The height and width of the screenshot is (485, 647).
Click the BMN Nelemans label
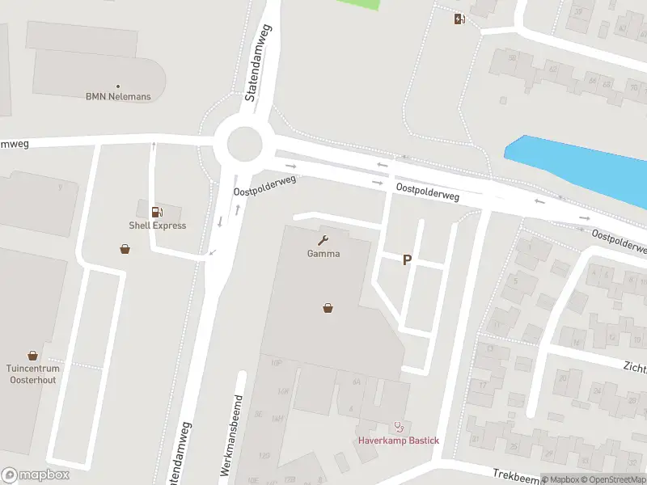(x=118, y=97)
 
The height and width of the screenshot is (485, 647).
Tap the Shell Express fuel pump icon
(x=156, y=212)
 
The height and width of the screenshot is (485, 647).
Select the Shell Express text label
(x=158, y=226)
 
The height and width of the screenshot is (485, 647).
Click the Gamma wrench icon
(x=323, y=239)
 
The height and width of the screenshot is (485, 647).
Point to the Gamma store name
(x=323, y=253)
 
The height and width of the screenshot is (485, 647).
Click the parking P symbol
(x=408, y=259)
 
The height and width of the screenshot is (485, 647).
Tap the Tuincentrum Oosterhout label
(x=33, y=374)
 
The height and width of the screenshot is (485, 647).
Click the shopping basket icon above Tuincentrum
(x=32, y=355)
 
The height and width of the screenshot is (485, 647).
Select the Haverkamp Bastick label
(x=400, y=440)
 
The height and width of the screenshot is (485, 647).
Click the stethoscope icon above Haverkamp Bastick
(x=398, y=426)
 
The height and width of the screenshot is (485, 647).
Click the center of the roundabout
(x=245, y=145)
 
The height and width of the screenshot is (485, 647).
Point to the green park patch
(x=357, y=4)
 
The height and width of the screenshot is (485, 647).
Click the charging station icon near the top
(x=459, y=19)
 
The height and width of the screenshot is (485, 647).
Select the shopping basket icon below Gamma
(x=328, y=307)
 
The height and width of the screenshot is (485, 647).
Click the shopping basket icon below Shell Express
(x=125, y=248)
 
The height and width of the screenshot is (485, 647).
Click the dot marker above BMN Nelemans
(x=118, y=86)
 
